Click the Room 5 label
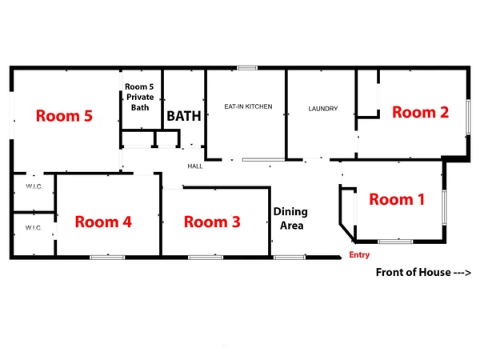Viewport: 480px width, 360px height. click(x=65, y=116)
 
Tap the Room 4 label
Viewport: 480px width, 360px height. click(x=103, y=222)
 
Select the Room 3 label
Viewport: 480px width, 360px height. click(x=212, y=222)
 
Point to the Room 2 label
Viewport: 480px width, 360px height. click(x=420, y=113)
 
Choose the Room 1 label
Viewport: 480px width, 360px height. click(x=396, y=199)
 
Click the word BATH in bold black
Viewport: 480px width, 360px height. click(x=183, y=116)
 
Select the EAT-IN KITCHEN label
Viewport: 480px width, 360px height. click(x=248, y=106)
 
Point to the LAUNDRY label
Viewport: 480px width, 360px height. click(x=323, y=109)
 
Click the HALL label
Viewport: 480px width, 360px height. click(x=195, y=166)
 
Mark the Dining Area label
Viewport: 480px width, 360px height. click(x=290, y=218)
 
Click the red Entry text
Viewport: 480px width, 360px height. click(x=359, y=255)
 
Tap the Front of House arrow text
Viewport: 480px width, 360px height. click(x=423, y=273)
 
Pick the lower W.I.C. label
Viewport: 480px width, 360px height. click(x=33, y=228)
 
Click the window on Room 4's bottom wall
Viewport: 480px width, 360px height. click(x=106, y=257)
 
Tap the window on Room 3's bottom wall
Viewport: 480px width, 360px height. click(x=206, y=257)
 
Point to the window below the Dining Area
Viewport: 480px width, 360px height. click(x=289, y=257)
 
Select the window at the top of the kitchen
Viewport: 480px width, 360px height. click(x=246, y=67)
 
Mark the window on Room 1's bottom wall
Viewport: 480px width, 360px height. click(x=395, y=241)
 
